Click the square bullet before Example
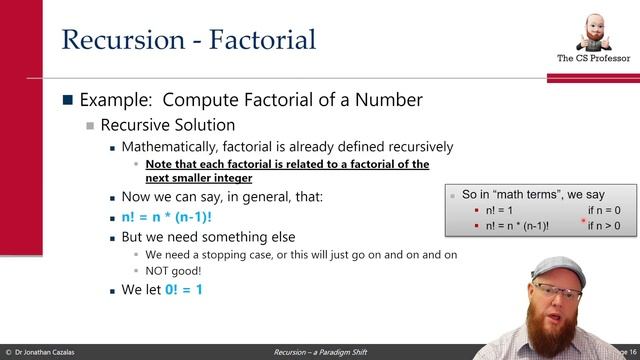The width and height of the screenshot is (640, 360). point(68,100)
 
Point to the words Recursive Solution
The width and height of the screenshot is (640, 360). point(167,126)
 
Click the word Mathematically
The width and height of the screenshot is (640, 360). point(179,147)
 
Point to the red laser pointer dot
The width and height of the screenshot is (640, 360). point(583,221)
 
